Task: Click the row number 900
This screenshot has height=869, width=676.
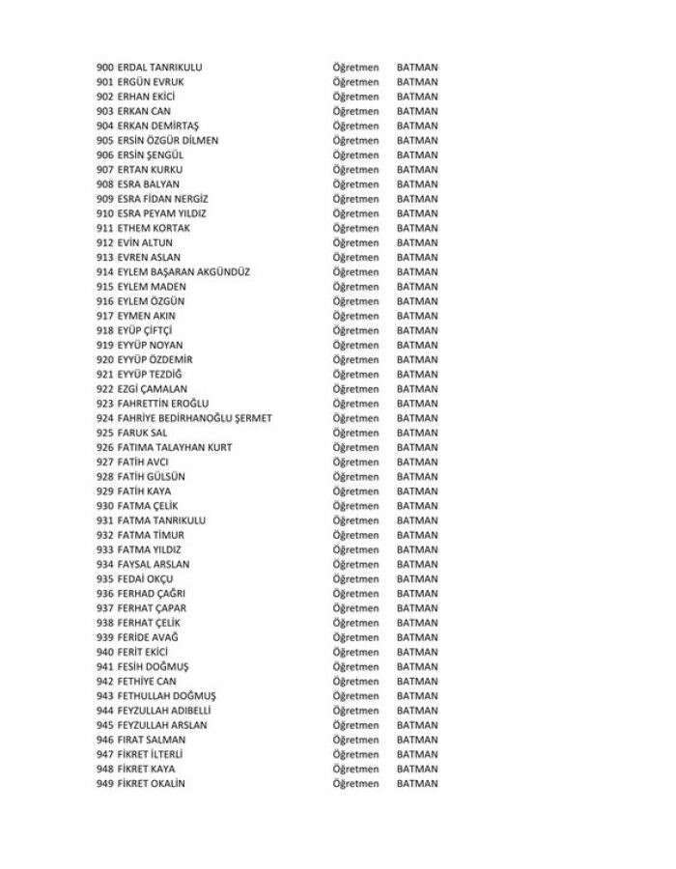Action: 105,68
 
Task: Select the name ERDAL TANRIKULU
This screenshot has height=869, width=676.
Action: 160,68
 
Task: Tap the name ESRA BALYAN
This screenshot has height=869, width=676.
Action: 148,184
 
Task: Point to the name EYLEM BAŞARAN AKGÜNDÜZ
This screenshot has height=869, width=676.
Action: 183,272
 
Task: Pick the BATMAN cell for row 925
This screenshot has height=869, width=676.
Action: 417,433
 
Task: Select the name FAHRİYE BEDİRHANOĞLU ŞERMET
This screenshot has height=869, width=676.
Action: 194,418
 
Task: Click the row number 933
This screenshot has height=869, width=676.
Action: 105,549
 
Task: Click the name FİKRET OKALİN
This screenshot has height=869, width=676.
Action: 151,783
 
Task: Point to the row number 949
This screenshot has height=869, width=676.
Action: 105,783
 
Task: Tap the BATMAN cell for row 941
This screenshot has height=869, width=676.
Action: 417,666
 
